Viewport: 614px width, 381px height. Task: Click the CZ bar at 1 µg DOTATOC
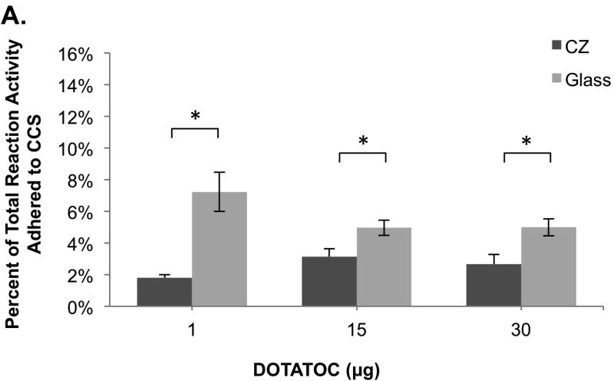tap(165, 292)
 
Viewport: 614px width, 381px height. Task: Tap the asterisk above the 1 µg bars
tap(195, 116)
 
